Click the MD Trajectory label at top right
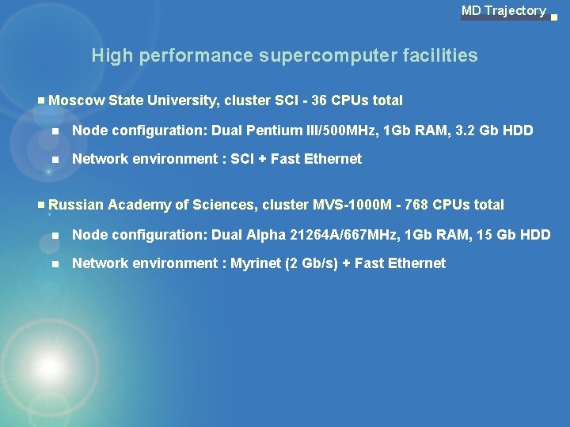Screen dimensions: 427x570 point(503,11)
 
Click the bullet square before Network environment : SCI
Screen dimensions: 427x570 point(55,159)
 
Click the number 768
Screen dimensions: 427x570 point(418,205)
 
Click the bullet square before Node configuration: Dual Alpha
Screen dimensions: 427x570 point(55,235)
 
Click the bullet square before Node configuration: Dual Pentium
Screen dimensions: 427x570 point(55,130)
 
